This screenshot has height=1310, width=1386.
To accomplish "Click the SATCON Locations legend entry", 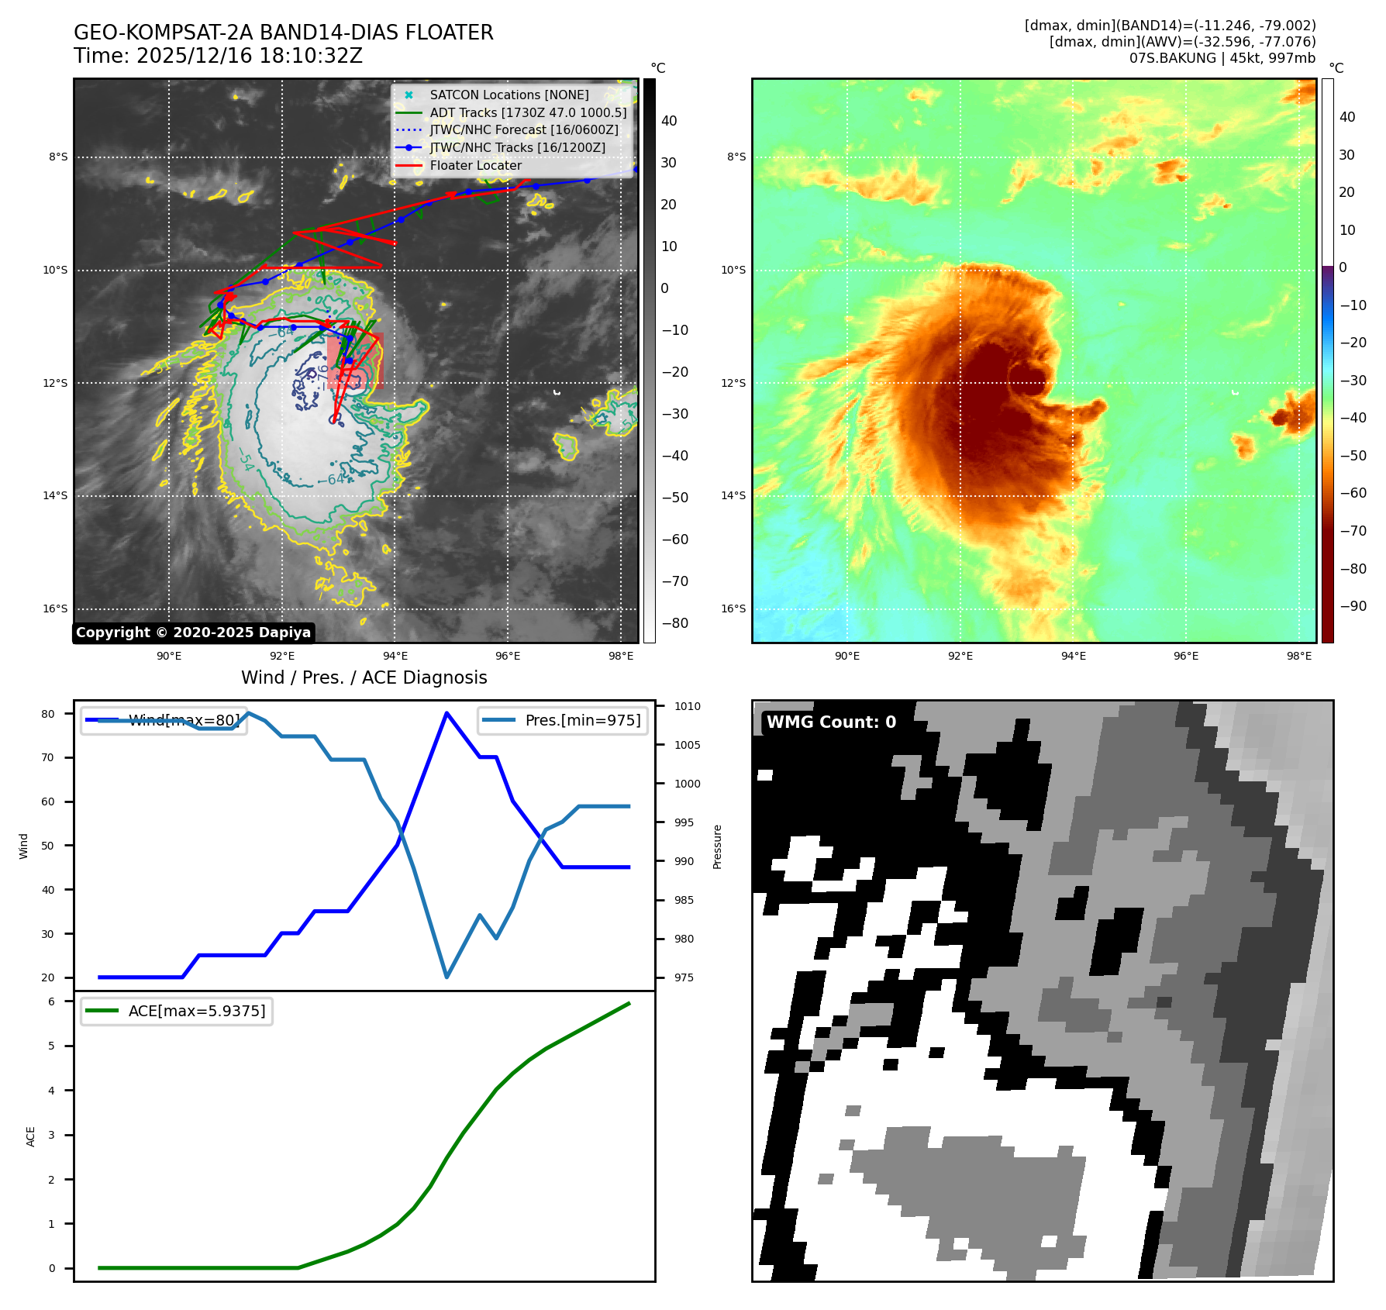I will tap(509, 95).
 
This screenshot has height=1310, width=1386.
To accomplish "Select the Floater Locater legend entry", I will tap(475, 165).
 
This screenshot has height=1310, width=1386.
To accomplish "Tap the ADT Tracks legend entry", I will tap(528, 112).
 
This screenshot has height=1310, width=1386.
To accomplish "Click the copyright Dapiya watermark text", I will tap(193, 633).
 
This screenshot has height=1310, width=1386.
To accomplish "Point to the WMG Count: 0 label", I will tap(831, 722).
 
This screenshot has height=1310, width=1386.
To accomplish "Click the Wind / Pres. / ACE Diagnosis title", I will tap(364, 677).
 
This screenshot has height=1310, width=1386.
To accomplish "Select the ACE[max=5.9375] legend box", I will tap(177, 1011).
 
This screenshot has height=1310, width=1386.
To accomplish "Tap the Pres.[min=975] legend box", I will tap(563, 720).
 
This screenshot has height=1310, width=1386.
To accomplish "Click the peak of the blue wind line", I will tap(446, 712).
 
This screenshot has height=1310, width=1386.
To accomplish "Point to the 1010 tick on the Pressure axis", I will tap(687, 706).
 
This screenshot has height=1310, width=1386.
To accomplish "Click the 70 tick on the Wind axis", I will tap(48, 757).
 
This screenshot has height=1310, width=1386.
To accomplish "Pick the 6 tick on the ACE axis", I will tap(52, 1001).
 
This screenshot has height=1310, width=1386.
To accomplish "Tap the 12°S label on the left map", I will tap(55, 383).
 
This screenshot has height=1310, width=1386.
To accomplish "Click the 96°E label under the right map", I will tap(1186, 656).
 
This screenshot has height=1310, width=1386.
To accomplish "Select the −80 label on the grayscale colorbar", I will tap(674, 623).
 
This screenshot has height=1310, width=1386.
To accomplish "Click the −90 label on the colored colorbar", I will tap(1353, 606).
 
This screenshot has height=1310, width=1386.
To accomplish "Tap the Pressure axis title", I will tap(717, 846).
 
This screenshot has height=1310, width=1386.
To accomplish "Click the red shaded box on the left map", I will tap(355, 360).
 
